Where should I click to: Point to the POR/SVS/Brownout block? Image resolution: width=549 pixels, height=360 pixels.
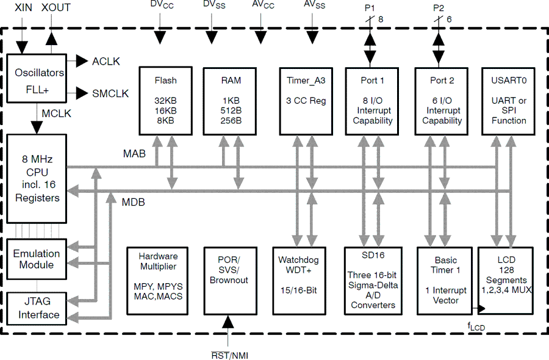tap(229, 280)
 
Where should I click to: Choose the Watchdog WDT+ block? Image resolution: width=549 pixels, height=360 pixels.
tap(303, 280)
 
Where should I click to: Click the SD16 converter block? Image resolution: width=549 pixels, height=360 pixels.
tap(373, 280)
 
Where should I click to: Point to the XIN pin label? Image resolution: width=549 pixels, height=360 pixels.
tap(23, 7)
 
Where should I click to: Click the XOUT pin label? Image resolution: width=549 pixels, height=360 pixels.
tap(56, 7)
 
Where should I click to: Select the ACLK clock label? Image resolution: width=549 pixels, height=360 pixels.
tap(106, 62)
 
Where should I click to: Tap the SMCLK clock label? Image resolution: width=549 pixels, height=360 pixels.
tap(110, 93)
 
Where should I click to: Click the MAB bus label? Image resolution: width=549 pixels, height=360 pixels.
tap(134, 154)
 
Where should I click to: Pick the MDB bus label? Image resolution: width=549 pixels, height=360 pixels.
tap(134, 202)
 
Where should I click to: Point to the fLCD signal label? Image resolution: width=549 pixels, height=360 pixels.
tap(476, 327)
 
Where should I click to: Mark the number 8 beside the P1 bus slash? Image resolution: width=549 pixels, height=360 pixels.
tap(381, 20)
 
